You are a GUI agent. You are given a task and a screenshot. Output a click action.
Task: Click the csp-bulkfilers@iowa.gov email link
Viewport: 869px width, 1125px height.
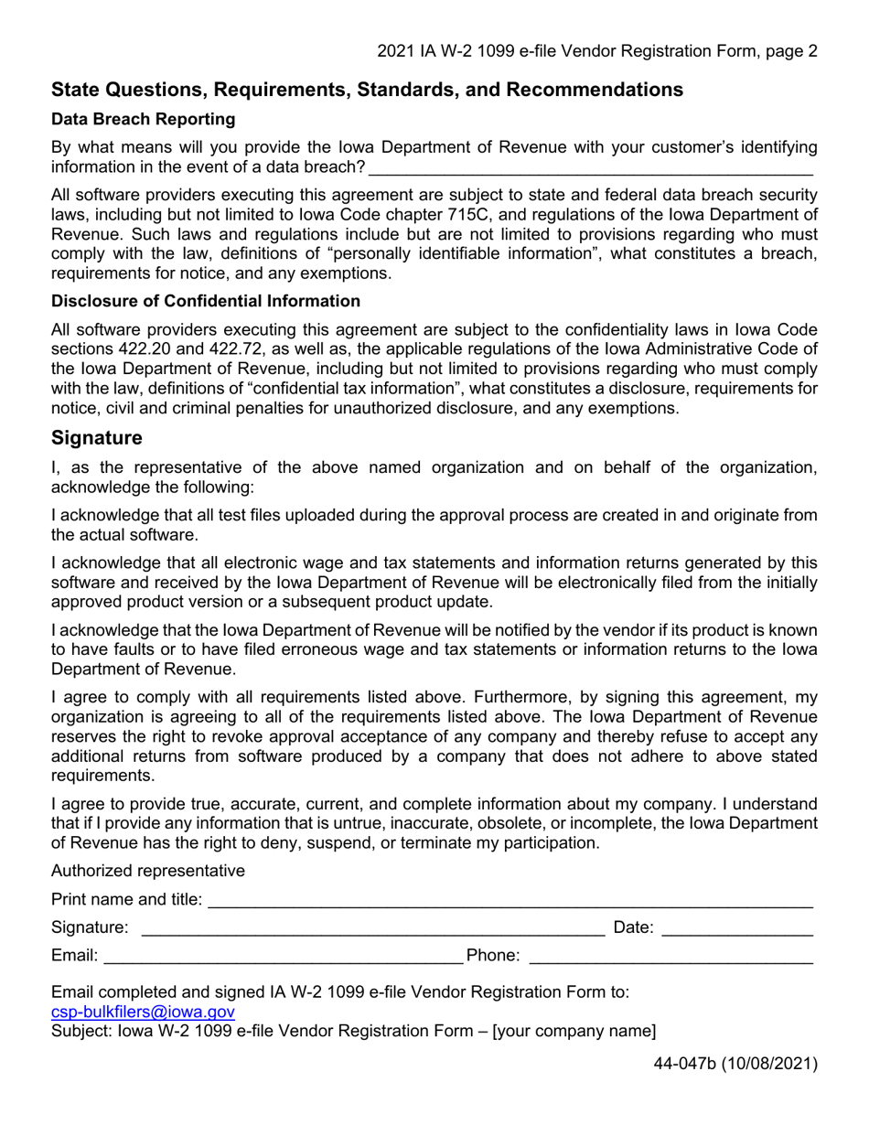[x=143, y=1012]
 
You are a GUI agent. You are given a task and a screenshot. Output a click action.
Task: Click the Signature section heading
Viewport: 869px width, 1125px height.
[x=97, y=438]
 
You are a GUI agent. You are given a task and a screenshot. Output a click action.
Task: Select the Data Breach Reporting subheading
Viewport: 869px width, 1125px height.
[x=143, y=120]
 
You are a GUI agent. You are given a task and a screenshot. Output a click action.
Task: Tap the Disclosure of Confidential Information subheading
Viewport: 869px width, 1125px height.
[x=206, y=301]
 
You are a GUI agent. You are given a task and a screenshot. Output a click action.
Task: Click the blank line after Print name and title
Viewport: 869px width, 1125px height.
[x=510, y=902]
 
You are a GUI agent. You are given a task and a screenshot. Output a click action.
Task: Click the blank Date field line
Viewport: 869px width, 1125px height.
[x=736, y=930]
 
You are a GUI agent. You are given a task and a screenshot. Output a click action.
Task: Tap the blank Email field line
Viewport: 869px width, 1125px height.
[x=283, y=959]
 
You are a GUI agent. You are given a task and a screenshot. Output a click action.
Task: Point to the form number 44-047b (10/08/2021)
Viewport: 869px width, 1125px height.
[x=735, y=1064]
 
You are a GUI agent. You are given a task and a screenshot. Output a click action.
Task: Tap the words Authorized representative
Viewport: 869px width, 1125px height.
[x=148, y=871]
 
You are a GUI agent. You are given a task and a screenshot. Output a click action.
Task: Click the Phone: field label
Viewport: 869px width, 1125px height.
[x=493, y=956]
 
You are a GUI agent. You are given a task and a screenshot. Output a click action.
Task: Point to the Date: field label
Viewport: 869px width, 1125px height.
[x=633, y=927]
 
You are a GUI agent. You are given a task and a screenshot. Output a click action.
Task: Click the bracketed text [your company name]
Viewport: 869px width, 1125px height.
[x=574, y=1032]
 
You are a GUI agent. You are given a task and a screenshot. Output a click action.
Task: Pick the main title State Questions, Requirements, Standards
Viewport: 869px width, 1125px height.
[x=367, y=90]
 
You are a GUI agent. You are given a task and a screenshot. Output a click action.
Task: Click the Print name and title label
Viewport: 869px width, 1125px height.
[x=126, y=900]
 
